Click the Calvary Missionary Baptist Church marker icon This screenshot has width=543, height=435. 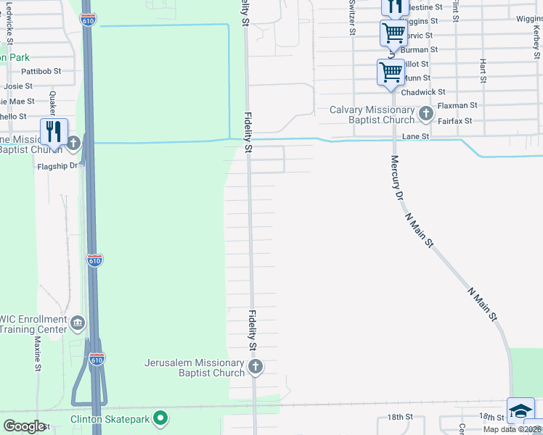426,114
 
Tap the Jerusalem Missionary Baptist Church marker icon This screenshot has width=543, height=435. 255,368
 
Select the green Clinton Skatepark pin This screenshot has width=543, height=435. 162,418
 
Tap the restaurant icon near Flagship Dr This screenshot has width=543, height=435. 54,131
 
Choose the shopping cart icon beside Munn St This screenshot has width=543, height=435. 391,72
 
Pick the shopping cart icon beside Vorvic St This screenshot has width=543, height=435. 393,32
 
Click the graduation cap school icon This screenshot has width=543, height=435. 520,411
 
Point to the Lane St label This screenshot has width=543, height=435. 416,136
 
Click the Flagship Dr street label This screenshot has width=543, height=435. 57,166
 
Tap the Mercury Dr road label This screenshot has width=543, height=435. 396,178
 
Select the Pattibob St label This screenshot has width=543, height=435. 41,72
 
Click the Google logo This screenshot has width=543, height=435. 24,426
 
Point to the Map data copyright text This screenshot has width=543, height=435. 513,429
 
